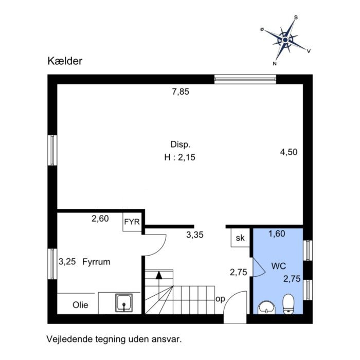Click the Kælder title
click(65, 61)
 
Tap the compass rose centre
click(285, 40)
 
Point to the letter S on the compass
click(296, 17)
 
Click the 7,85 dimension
click(181, 92)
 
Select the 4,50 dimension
click(289, 152)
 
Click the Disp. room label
click(181, 145)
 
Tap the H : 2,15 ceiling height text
click(180, 157)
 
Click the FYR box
click(132, 222)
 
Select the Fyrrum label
click(97, 262)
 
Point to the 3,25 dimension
click(67, 262)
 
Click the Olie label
click(80, 305)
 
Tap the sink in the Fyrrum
click(124, 303)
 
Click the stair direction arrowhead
click(159, 275)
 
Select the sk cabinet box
click(240, 238)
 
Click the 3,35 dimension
click(195, 235)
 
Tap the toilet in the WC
click(289, 304)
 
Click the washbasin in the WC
click(266, 308)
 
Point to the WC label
click(279, 266)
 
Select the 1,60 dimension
click(277, 233)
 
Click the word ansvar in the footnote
click(167, 339)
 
